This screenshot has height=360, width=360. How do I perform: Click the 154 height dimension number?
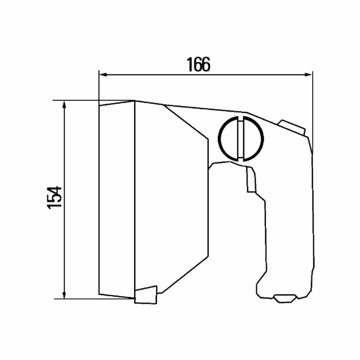(54, 197)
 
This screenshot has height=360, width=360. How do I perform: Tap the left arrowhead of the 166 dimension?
(104, 75)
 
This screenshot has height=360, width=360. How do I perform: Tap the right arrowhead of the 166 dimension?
(308, 75)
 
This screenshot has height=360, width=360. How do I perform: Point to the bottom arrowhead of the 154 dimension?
(64, 295)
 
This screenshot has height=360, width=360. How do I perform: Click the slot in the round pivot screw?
(240, 139)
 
